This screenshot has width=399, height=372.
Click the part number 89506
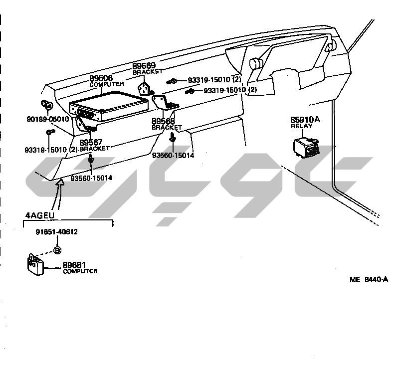point(101,78)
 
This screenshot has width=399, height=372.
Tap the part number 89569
point(144,66)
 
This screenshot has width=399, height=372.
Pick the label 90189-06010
point(48,119)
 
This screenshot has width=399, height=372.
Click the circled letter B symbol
point(57,250)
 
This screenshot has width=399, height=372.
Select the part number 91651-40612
point(56,232)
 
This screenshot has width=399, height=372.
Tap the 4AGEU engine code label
point(39,216)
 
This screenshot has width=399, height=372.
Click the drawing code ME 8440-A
point(369,280)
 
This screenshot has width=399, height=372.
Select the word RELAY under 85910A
point(301,126)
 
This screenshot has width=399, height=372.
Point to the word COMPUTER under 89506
point(107,85)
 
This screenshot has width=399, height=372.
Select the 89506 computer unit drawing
point(109,106)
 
